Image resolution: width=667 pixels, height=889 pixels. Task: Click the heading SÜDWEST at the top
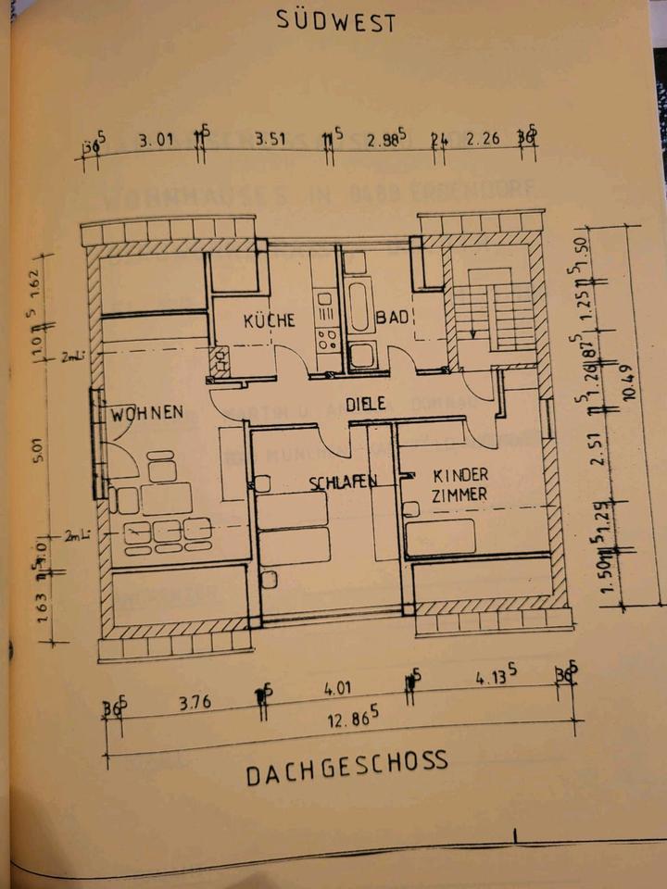[335, 20]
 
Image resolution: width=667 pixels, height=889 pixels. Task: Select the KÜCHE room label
[269, 320]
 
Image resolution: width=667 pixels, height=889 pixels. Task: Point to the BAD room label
[392, 318]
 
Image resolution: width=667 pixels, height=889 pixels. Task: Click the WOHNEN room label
[147, 412]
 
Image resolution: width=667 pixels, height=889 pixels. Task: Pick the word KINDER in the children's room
[460, 475]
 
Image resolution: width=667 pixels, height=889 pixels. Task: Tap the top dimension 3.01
[157, 141]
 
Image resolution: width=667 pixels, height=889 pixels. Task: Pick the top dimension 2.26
[484, 138]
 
